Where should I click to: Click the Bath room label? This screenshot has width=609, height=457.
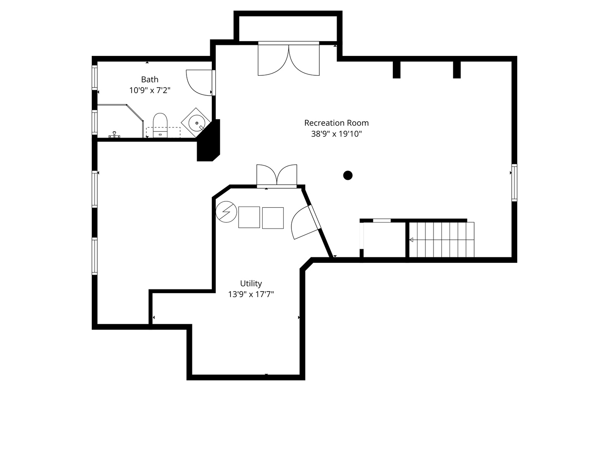150,80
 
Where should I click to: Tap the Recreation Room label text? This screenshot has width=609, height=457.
336,123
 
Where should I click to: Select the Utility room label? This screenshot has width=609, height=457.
251,284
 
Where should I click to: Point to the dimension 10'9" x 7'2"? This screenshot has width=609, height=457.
150,91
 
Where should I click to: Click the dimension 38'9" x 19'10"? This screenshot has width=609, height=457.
336,134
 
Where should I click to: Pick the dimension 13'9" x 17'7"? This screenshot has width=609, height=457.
251,295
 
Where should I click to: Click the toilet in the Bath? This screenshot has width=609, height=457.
160,125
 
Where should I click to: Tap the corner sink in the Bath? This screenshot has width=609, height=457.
196,123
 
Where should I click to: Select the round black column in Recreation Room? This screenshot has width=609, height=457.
348,175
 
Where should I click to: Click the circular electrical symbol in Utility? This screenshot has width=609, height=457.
226,212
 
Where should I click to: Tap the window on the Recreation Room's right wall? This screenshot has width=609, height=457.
514,182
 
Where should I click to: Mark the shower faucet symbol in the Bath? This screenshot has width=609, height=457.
114,135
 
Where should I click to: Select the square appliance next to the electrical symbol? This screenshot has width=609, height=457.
249,217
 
